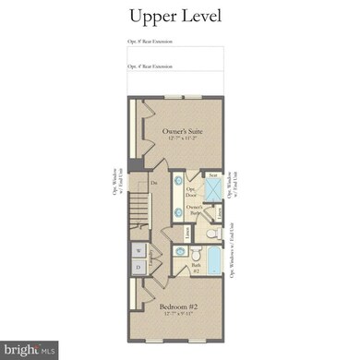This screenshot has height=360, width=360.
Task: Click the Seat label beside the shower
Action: pos(213,174)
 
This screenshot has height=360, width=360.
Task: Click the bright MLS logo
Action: pos(30,348)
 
